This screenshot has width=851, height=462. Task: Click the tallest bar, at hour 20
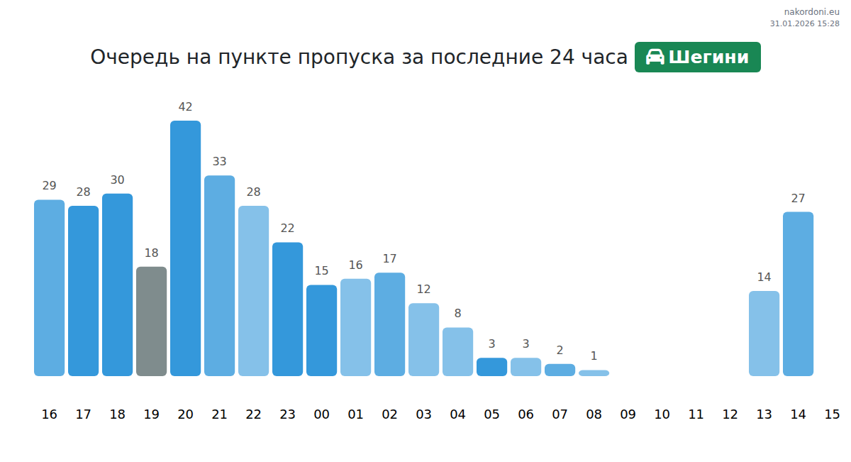pyautogui.click(x=185, y=248)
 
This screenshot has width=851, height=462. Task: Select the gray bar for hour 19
pyautogui.click(x=151, y=321)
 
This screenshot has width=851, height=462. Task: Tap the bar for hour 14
pyautogui.click(x=798, y=294)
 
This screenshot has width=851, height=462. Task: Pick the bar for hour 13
pyautogui.click(x=764, y=334)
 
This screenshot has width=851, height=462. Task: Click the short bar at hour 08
pyautogui.click(x=594, y=373)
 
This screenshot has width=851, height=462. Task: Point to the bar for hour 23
pyautogui.click(x=287, y=309)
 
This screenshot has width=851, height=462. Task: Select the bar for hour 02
pyautogui.click(x=389, y=324)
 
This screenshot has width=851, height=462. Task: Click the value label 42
pyautogui.click(x=185, y=107)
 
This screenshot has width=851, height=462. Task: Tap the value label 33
pyautogui.click(x=219, y=162)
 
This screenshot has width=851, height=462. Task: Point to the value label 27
pyautogui.click(x=798, y=198)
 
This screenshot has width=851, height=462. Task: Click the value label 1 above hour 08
pyautogui.click(x=594, y=356)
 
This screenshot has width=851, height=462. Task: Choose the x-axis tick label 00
pyautogui.click(x=321, y=414)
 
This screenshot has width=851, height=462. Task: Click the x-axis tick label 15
pyautogui.click(x=832, y=414)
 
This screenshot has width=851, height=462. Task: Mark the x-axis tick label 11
pyautogui.click(x=696, y=414)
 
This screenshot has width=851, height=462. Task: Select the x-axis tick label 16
pyautogui.click(x=49, y=414)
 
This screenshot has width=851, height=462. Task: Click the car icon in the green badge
pyautogui.click(x=655, y=57)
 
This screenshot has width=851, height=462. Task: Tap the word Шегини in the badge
pyautogui.click(x=708, y=57)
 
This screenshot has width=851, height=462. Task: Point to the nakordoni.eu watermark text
pyautogui.click(x=811, y=11)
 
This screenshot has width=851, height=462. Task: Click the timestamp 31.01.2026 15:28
pyautogui.click(x=804, y=23)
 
